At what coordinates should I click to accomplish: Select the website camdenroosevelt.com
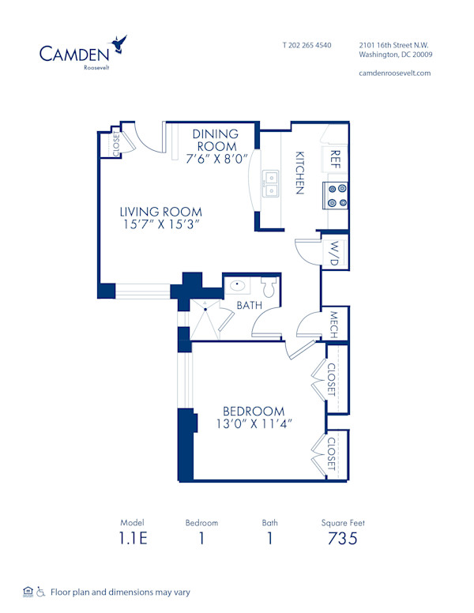(x=395, y=73)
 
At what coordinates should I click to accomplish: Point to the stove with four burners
(x=337, y=195)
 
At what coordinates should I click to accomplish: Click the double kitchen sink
(x=271, y=183)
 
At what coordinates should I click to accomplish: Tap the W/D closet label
(x=334, y=253)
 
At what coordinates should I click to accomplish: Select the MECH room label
(x=334, y=323)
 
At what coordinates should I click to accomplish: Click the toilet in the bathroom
(x=269, y=288)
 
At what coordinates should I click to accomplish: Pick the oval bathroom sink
(x=237, y=286)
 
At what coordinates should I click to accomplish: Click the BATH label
(x=250, y=305)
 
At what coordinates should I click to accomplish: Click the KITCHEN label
(x=300, y=172)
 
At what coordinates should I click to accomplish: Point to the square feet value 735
(x=343, y=540)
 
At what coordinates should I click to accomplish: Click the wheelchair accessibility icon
(x=40, y=591)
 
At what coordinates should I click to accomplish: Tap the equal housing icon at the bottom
(x=28, y=591)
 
